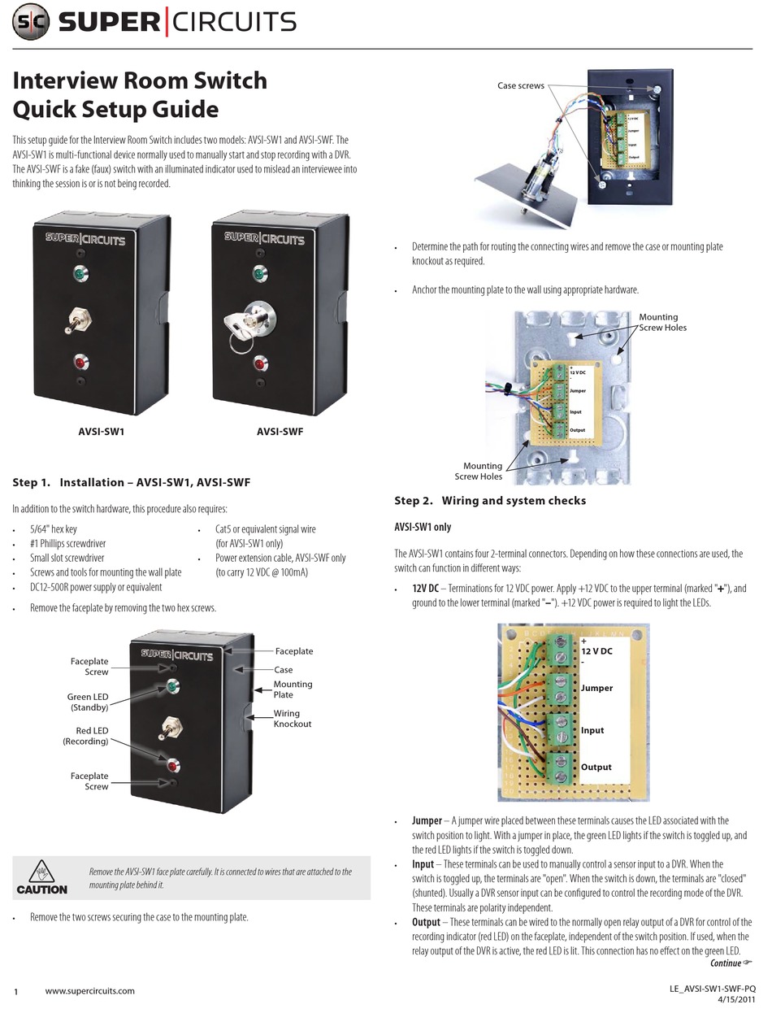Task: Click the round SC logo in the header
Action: click(31, 22)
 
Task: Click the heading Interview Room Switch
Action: click(139, 80)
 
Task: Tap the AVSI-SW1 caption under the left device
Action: click(101, 432)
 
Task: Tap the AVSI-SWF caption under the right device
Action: click(280, 432)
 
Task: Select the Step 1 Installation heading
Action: click(131, 482)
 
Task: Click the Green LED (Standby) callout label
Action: click(88, 702)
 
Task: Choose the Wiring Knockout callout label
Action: click(293, 719)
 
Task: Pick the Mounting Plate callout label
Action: click(293, 689)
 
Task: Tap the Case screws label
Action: click(521, 85)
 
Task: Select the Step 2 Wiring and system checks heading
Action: click(489, 500)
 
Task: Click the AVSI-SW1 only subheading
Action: click(422, 527)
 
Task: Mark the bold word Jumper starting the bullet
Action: click(427, 820)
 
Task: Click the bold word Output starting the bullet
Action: click(426, 922)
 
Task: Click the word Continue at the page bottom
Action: click(726, 963)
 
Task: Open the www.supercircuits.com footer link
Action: click(89, 990)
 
